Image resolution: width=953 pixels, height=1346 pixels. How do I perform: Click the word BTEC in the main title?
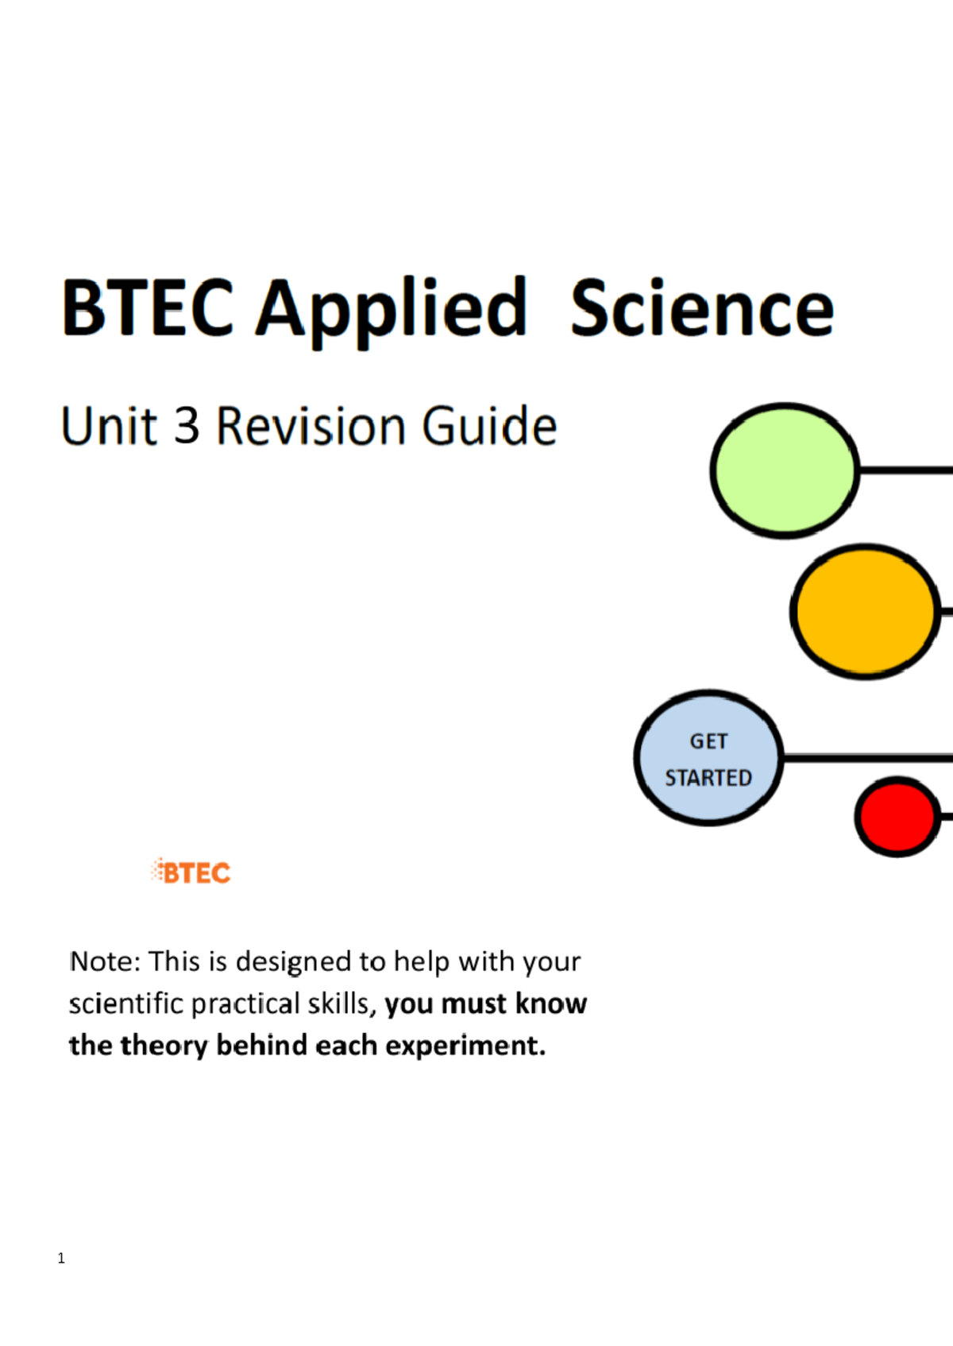tap(148, 307)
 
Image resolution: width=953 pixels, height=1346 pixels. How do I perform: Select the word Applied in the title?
tap(392, 312)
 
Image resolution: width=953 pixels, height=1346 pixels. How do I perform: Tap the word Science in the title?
tap(702, 307)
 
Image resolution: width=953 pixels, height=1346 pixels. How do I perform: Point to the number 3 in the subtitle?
tap(187, 426)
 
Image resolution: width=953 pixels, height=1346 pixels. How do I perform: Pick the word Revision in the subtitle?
tap(311, 426)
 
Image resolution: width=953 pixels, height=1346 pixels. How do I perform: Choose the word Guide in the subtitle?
tap(489, 426)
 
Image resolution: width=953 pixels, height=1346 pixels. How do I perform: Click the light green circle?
tap(785, 471)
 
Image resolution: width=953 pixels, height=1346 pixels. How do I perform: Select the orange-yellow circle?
tap(865, 611)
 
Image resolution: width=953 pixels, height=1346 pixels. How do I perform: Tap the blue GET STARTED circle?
tap(708, 758)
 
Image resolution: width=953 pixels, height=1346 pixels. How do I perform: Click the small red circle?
tap(897, 817)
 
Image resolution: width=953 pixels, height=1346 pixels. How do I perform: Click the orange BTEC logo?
tap(191, 872)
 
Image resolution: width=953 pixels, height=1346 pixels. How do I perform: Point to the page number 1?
tap(61, 1259)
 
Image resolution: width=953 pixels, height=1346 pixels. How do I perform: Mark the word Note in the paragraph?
tap(105, 961)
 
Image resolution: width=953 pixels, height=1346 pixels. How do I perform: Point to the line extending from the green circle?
tap(906, 470)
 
